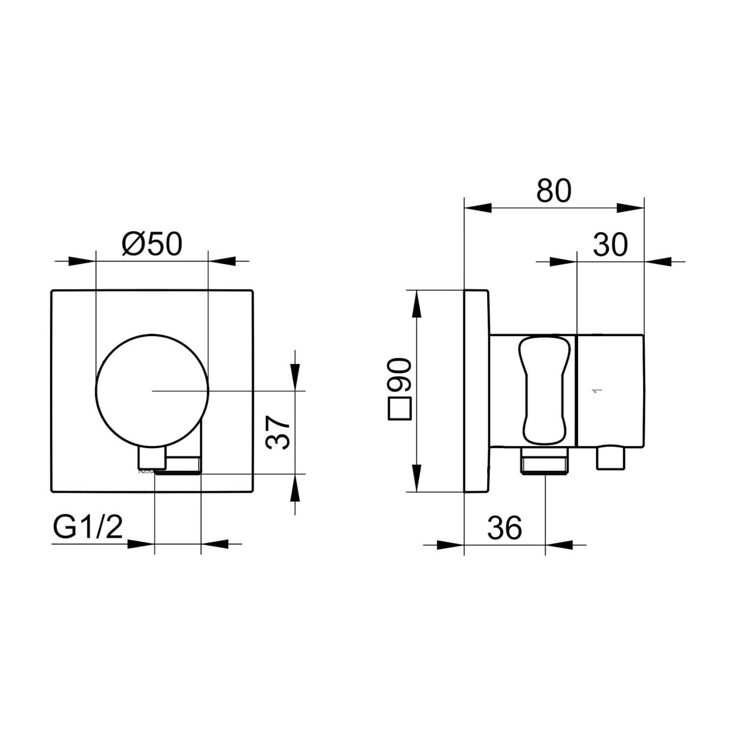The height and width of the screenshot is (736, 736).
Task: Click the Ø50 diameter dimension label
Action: pos(152,244)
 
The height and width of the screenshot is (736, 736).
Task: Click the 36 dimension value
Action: pos(504,527)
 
